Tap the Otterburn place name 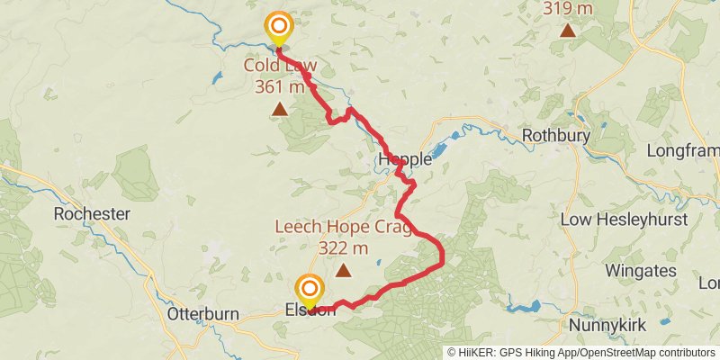pos(203,315)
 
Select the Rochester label pos(92,214)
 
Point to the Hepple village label pos(405,159)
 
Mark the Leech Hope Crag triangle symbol pos(343,269)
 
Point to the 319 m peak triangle pos(568,31)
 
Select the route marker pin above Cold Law pos(279,28)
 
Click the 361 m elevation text pos(280,86)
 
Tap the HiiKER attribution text pos(581,352)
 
